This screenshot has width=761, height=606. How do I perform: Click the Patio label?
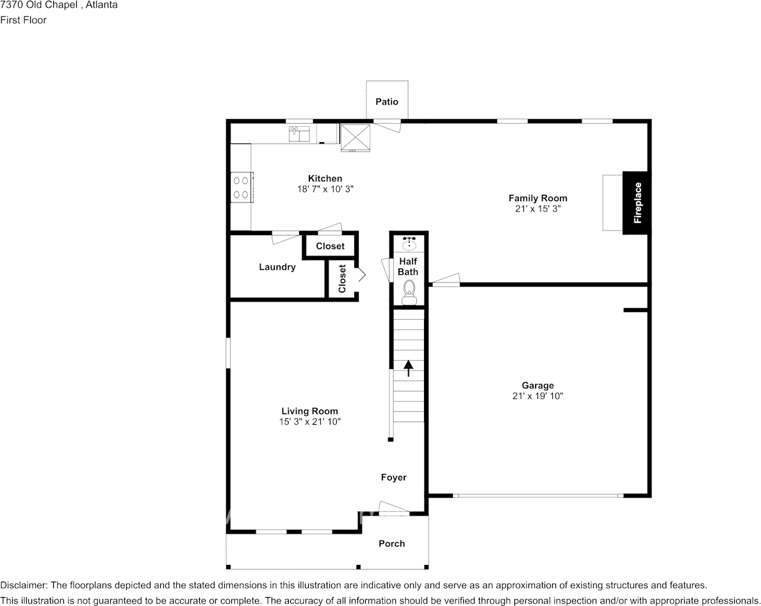tap(387, 101)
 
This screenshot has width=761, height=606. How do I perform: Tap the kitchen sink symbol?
tap(299, 134)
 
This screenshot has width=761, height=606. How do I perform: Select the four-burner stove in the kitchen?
tap(241, 187)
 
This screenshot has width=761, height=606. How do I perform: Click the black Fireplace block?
tap(636, 203)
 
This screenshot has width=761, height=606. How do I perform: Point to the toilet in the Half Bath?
tap(409, 292)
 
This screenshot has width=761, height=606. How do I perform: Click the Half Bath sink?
tap(409, 243)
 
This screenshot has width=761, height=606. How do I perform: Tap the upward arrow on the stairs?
tap(409, 368)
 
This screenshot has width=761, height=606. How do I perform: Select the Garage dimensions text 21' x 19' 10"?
tap(537, 396)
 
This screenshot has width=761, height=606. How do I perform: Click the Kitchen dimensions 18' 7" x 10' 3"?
tap(325, 189)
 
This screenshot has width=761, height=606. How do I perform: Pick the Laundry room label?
tap(277, 267)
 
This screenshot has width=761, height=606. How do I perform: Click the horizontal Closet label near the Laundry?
tap(330, 246)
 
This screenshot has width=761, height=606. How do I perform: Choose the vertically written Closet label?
tap(342, 279)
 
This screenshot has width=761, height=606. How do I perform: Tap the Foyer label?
tap(393, 477)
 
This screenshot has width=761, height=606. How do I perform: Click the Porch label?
tap(391, 543)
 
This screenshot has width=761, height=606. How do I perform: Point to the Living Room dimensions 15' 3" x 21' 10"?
tap(309, 422)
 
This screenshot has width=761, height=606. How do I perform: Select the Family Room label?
tap(537, 198)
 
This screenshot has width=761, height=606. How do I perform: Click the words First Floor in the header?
tap(23, 20)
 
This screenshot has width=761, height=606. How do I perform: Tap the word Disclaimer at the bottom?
tap(23, 585)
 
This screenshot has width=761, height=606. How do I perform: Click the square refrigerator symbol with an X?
tap(356, 138)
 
